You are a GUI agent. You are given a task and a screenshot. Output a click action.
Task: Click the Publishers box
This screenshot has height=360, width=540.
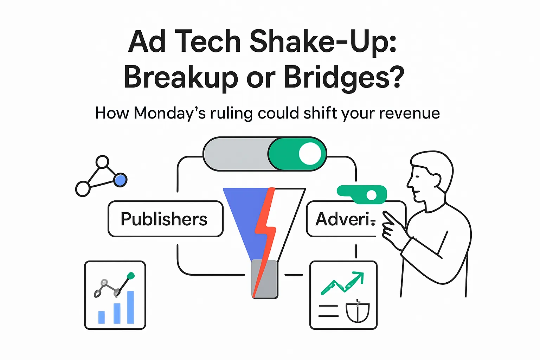click(x=165, y=219)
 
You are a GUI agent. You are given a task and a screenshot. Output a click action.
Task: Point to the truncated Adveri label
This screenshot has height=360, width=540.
click(x=345, y=219)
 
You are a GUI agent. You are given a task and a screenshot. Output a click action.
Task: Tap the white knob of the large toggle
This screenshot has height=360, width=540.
click(x=310, y=154)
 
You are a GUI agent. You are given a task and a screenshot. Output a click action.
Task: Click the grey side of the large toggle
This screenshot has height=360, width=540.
click(x=236, y=154)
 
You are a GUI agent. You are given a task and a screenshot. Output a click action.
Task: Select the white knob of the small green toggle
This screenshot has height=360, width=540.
click(x=371, y=195)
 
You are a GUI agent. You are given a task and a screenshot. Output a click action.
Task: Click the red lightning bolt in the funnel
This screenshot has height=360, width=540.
click(x=266, y=229)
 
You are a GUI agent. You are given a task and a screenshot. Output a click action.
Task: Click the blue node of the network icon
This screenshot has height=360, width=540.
click(x=120, y=180)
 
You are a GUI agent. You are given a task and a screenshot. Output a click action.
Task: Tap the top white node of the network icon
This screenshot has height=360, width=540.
click(x=102, y=162)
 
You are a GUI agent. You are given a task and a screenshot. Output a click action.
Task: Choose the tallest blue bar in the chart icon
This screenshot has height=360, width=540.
click(x=130, y=307)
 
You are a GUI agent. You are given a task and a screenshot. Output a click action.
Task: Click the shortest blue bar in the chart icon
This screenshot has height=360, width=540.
click(x=101, y=317)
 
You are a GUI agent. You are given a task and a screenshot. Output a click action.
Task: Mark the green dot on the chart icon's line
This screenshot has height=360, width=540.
click(x=130, y=276)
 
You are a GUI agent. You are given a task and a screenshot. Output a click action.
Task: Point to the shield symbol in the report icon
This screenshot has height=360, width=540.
click(x=358, y=312)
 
